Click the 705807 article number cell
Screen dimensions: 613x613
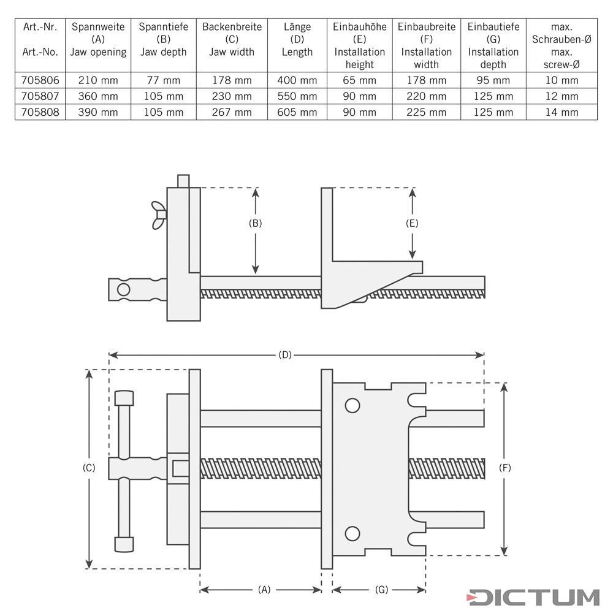tap(40, 96)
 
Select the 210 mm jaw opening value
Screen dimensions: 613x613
tap(98, 80)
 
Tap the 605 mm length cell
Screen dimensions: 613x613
tap(297, 112)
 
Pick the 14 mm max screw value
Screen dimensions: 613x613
tap(562, 112)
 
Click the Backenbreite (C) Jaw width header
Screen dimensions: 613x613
tap(232, 39)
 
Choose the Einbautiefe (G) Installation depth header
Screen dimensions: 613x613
tap(493, 45)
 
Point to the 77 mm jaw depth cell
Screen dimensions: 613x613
tap(164, 80)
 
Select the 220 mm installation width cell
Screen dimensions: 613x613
tap(426, 96)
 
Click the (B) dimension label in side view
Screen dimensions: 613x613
tap(255, 223)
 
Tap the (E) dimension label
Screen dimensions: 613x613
tap(412, 223)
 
